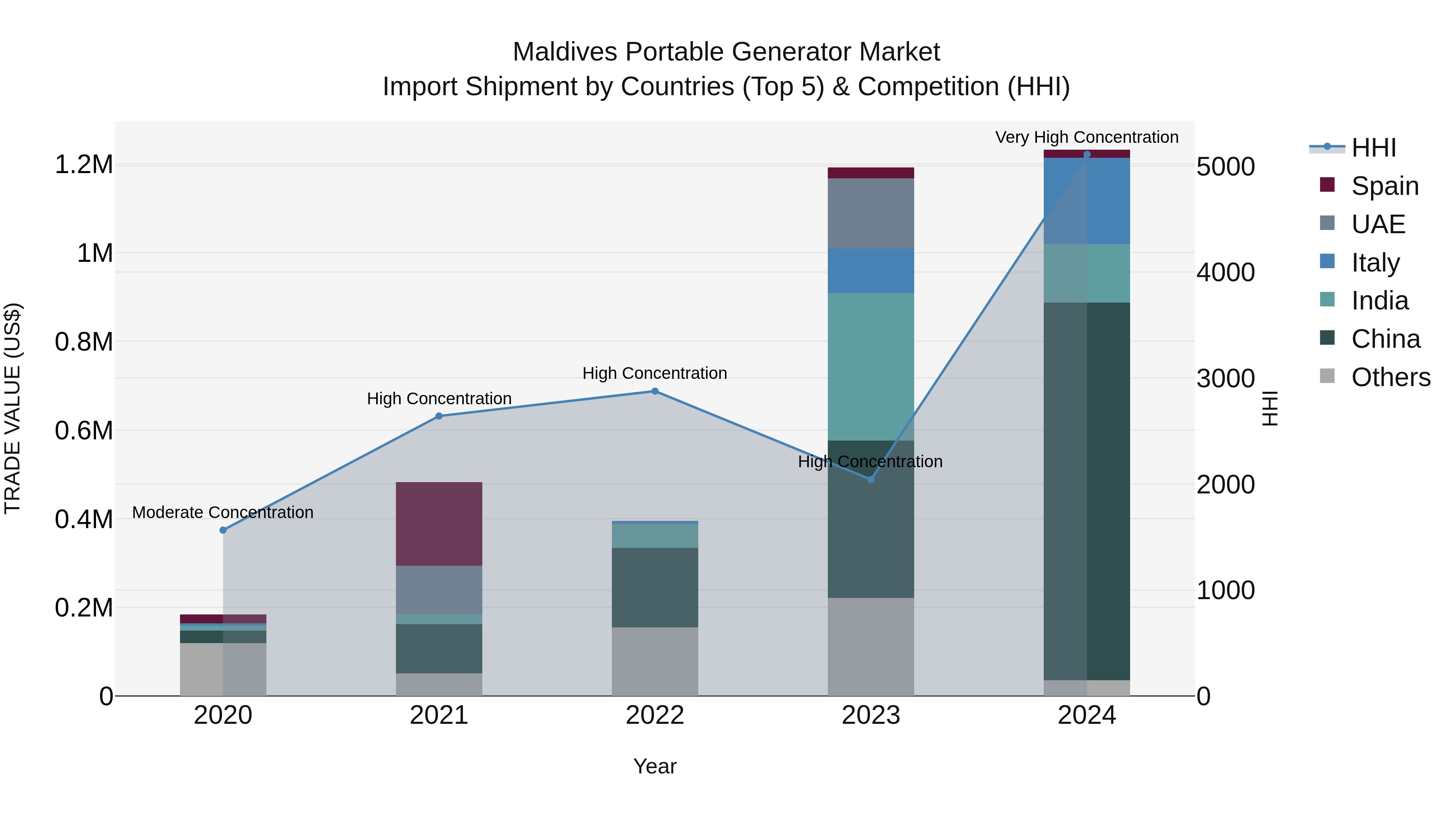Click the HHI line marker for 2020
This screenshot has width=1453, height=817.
pos(223,530)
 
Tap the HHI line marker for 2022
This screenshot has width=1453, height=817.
pos(655,391)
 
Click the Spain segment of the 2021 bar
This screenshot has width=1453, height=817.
pos(439,523)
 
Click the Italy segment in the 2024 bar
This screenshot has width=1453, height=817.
pos(1087,201)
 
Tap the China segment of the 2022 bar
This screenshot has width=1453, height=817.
pos(655,587)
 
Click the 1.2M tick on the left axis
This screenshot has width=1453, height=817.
pos(84,165)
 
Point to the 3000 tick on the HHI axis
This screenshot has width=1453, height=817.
pos(1225,378)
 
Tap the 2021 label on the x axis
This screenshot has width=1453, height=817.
pos(439,715)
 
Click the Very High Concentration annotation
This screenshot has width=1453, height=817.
pos(1087,137)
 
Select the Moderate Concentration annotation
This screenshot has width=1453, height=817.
pos(223,512)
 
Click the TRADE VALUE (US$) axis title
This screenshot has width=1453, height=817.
pos(13,408)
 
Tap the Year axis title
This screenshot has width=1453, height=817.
pos(655,766)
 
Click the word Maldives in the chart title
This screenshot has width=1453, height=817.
pos(565,52)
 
